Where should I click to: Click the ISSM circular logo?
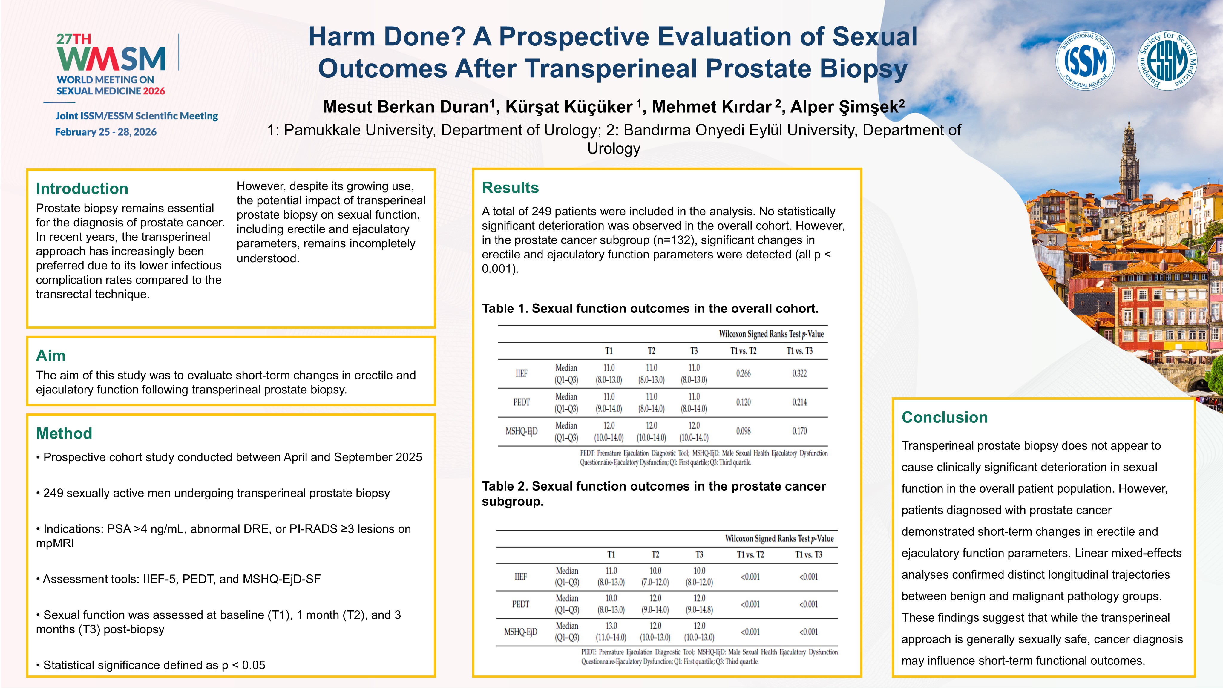1085,61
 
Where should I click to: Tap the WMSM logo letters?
111,58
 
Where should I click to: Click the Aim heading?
51,356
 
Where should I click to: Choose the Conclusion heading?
944,417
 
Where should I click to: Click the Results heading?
510,188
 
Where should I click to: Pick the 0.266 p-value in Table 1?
743,374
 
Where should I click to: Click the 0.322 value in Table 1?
799,374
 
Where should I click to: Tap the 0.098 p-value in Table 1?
743,431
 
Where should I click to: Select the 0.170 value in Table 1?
799,431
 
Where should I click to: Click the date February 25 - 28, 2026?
106,132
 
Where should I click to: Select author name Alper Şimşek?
847,107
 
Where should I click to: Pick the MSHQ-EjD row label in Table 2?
520,632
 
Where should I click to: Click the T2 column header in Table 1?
651,351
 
